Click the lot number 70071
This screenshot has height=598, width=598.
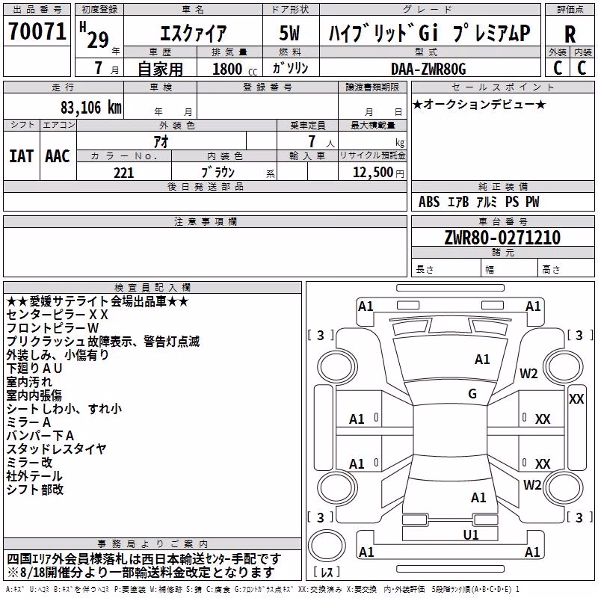click(x=37, y=31)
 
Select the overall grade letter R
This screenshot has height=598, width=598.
click(x=570, y=34)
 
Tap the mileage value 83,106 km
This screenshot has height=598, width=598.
click(x=90, y=108)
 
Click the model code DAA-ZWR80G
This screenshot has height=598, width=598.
click(x=428, y=69)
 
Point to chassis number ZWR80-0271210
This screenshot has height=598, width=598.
click(x=502, y=238)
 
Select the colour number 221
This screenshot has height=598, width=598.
click(x=124, y=173)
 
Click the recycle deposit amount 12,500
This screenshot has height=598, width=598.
click(x=372, y=173)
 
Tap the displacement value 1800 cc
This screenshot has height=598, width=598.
click(x=235, y=70)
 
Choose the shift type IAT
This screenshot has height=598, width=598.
click(x=21, y=156)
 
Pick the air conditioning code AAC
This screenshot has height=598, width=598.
click(x=58, y=156)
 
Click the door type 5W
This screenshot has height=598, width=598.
click(x=289, y=33)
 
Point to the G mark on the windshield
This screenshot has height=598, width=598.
click(x=472, y=394)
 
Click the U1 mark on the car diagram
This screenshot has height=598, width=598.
click(x=471, y=535)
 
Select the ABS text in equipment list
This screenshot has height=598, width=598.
click(x=429, y=202)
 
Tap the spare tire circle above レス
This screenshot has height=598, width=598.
click(x=327, y=545)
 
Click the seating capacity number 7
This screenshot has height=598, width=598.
click(x=312, y=141)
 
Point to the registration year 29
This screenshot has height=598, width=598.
click(x=98, y=40)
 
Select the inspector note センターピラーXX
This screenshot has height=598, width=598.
click(x=58, y=315)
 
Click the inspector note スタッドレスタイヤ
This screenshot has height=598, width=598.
click(x=56, y=449)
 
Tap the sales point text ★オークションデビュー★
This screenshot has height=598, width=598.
click(x=479, y=104)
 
